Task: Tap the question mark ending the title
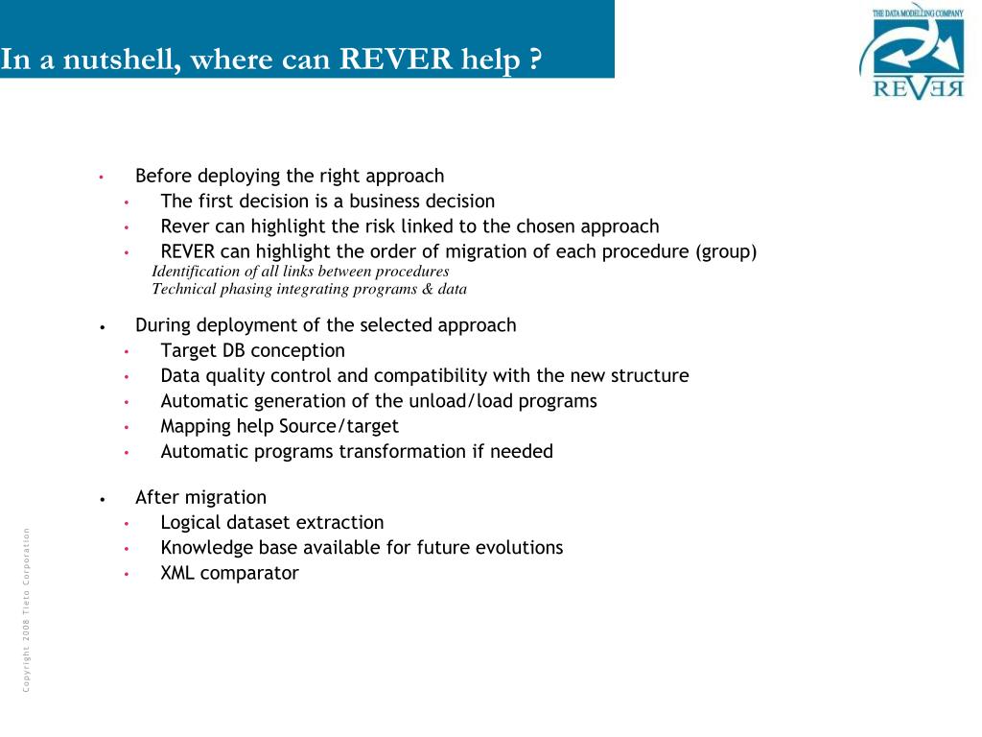tap(533, 59)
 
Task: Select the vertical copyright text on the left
tap(27, 609)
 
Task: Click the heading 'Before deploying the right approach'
tap(290, 176)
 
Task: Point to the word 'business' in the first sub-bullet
tap(386, 201)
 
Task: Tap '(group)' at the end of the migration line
tap(726, 251)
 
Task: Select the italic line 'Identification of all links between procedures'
tap(300, 271)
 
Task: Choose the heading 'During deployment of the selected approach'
tap(325, 324)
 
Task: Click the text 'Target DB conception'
tap(252, 350)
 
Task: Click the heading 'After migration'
tap(200, 497)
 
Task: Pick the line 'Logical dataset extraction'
tap(272, 522)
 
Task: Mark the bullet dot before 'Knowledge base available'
tap(126, 549)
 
